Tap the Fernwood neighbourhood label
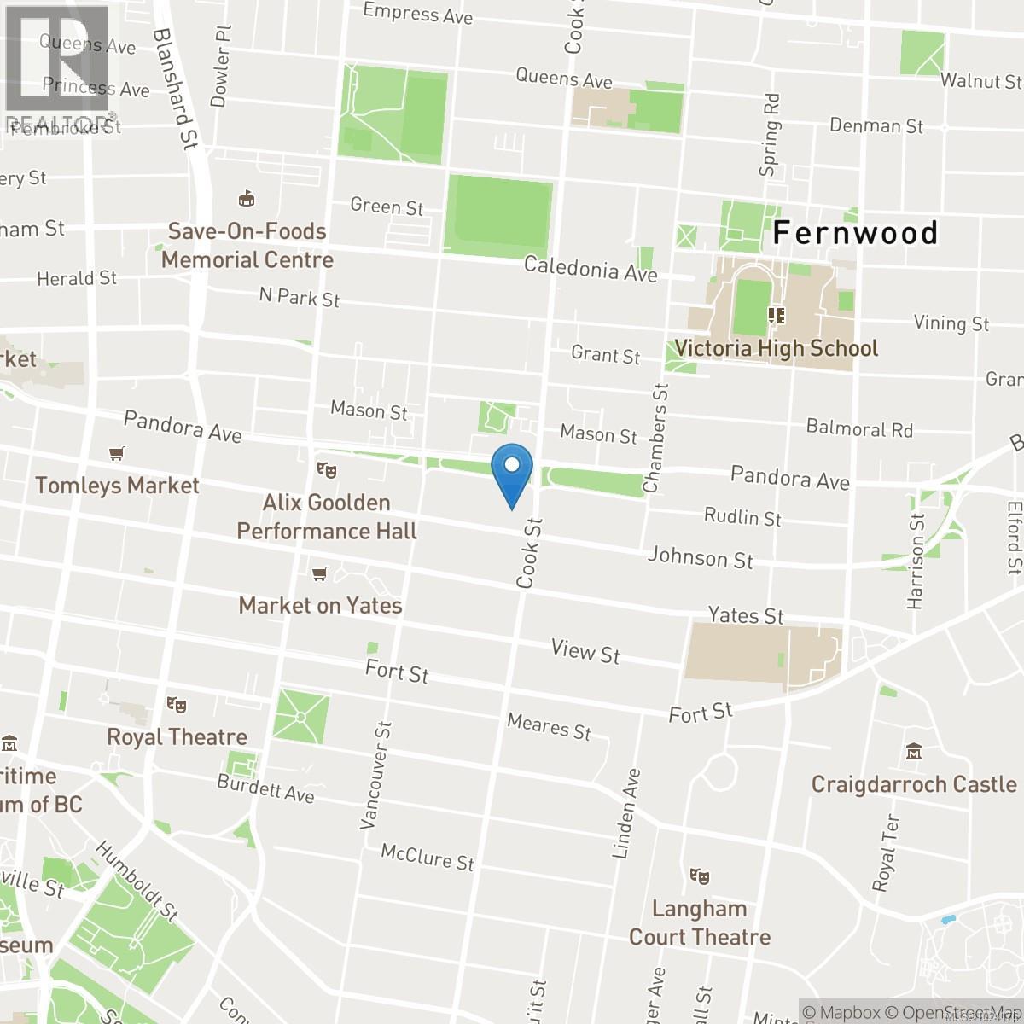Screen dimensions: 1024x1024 tap(855, 233)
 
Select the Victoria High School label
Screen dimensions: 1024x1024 tap(776, 348)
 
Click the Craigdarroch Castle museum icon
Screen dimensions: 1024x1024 tap(914, 753)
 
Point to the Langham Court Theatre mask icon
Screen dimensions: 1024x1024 tap(700, 876)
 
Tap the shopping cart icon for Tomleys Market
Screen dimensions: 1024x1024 tap(117, 453)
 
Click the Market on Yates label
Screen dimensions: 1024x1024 tap(320, 605)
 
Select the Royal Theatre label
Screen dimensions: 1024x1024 tap(177, 736)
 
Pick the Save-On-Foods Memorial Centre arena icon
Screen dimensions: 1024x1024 tap(247, 199)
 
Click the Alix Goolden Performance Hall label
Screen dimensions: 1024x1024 tap(327, 516)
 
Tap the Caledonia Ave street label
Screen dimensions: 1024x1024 tap(591, 269)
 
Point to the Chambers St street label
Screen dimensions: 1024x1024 tap(656, 439)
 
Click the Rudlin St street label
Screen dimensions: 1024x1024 tap(742, 516)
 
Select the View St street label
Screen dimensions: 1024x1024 tap(585, 651)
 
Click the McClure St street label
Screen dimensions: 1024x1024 tap(427, 856)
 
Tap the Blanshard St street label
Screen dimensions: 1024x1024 tap(174, 88)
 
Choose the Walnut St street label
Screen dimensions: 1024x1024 tap(980, 81)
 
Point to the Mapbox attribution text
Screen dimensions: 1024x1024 tap(841, 1012)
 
